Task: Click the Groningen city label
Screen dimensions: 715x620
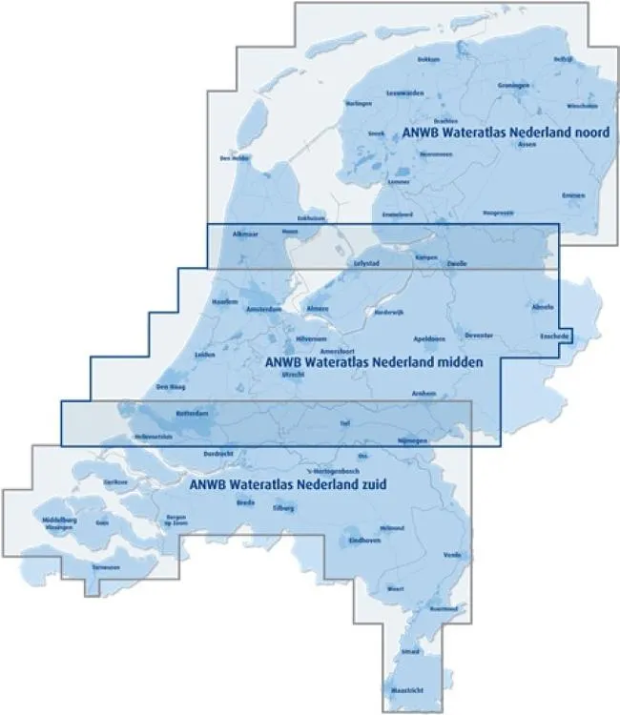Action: (x=512, y=85)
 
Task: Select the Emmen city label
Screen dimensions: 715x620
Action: (x=572, y=194)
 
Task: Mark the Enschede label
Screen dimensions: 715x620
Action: (x=554, y=337)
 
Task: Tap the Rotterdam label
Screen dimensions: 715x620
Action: (x=192, y=413)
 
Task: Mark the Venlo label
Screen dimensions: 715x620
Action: (x=451, y=554)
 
